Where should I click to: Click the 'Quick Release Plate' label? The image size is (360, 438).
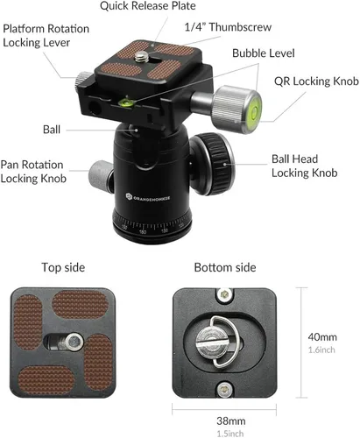(x=148, y=6)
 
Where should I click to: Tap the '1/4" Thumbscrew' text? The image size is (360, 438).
(x=228, y=27)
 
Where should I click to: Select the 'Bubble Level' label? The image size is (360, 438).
(x=264, y=53)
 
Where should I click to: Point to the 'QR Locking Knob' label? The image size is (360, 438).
(x=316, y=81)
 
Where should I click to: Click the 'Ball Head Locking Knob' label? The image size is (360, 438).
(x=305, y=166)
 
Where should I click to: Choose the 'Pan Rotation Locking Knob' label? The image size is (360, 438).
(x=33, y=172)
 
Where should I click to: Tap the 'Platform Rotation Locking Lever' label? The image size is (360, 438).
(x=46, y=36)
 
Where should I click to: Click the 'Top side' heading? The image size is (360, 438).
(x=63, y=267)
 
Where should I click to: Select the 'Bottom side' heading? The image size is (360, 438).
(x=225, y=267)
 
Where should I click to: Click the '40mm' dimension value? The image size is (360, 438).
(x=322, y=337)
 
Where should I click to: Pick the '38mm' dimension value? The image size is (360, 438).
(x=231, y=421)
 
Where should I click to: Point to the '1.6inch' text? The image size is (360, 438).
(x=321, y=350)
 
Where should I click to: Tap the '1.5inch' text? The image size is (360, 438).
(x=230, y=434)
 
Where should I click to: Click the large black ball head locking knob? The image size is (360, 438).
(x=212, y=164)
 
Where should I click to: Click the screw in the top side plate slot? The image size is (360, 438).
(x=74, y=342)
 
